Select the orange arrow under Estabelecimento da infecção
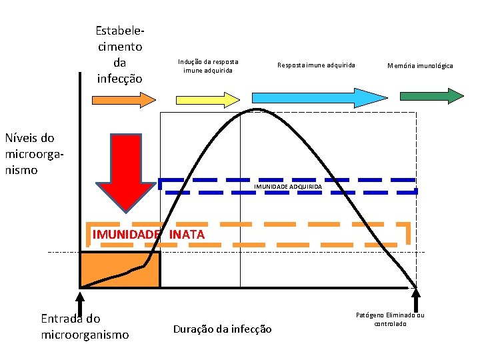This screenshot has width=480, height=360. point(123,100)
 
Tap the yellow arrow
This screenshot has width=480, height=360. point(208,99)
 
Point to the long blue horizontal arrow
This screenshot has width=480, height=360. point(319,98)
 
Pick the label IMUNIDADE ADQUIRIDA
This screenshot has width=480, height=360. point(288,187)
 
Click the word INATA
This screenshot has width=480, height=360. point(187,235)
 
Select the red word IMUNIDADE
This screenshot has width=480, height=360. point(127,235)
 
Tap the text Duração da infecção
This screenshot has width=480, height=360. point(222,329)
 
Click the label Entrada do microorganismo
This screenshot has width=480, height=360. point(85,326)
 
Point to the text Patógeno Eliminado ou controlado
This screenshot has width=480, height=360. point(390,319)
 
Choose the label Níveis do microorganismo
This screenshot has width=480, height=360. point(29,154)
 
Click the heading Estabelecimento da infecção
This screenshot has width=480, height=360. point(119,54)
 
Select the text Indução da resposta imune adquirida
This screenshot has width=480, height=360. point(208,65)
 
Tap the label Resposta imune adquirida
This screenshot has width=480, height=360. point(316,65)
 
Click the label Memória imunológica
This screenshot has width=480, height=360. point(420,66)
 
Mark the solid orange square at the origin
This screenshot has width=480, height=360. point(120,269)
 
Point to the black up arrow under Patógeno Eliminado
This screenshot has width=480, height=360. point(417,300)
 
